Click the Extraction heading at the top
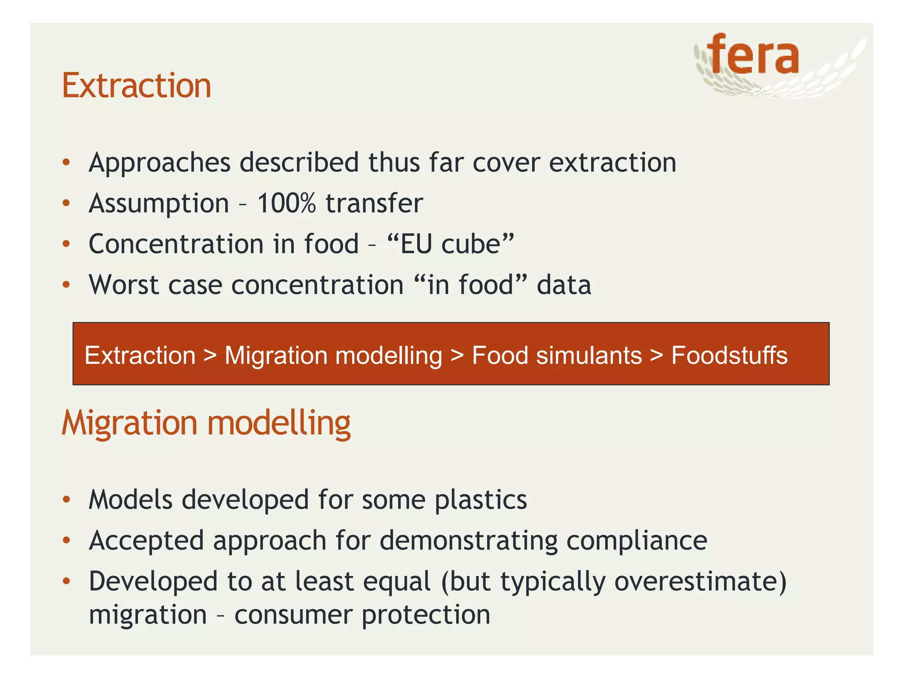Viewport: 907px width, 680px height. pos(136,86)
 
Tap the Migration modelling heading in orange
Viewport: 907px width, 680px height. pos(206,423)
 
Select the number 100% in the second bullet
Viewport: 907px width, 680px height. pos(286,204)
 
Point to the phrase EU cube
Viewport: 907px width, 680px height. pos(450,244)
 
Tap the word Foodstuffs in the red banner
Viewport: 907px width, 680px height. pos(729,355)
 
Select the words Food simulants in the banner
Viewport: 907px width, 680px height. pos(557,355)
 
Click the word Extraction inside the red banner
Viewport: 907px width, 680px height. pos(140,355)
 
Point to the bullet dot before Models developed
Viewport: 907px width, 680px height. pos(66,500)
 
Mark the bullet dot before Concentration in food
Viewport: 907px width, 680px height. pos(66,244)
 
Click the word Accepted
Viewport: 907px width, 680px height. pos(146,541)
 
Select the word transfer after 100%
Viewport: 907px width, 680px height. pos(374,204)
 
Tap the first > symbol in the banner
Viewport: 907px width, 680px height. pos(210,356)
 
